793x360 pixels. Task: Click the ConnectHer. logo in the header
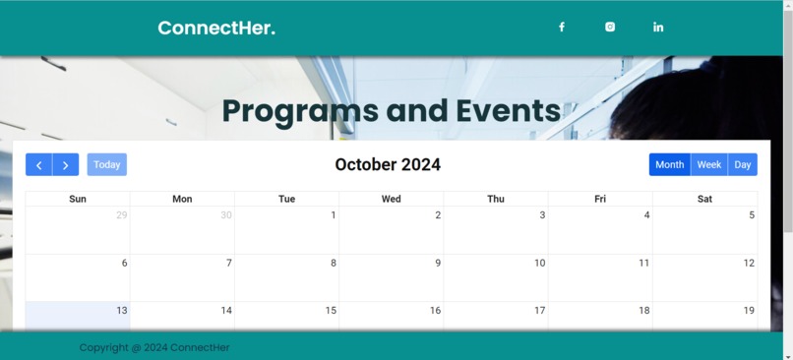pyautogui.click(x=216, y=28)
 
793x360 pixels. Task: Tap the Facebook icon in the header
pyautogui.click(x=562, y=28)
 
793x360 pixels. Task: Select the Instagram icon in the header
pyautogui.click(x=610, y=28)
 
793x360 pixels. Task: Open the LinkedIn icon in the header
pyautogui.click(x=658, y=28)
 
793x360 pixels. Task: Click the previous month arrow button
pyautogui.click(x=38, y=165)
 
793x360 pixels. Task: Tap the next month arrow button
pyautogui.click(x=66, y=165)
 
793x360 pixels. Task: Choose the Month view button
pyautogui.click(x=669, y=165)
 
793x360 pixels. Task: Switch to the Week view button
pyautogui.click(x=709, y=165)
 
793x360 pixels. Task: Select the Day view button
pyautogui.click(x=743, y=165)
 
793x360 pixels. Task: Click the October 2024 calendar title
pyautogui.click(x=388, y=165)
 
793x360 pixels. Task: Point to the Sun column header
pyautogui.click(x=78, y=199)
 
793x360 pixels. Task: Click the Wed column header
pyautogui.click(x=391, y=199)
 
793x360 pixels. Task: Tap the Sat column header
pyautogui.click(x=704, y=199)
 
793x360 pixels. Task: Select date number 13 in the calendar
pyautogui.click(x=121, y=311)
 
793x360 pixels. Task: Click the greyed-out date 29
pyautogui.click(x=121, y=215)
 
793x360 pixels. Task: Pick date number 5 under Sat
pyautogui.click(x=752, y=215)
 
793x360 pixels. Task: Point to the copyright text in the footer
pyautogui.click(x=154, y=347)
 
